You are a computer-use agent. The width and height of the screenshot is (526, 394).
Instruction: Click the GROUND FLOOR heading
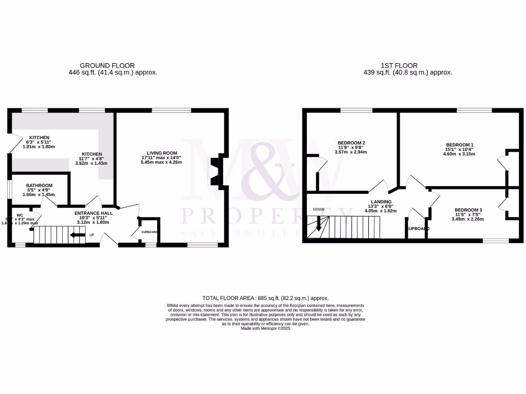pyautogui.click(x=107, y=66)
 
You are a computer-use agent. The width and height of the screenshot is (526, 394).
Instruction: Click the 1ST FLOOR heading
pyautogui.click(x=399, y=66)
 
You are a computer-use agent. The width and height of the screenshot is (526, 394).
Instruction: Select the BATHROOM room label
pyautogui.click(x=40, y=185)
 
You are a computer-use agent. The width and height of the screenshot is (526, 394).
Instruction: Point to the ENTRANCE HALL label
pyautogui.click(x=93, y=213)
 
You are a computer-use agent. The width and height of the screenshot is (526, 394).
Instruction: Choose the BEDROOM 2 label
pyautogui.click(x=351, y=143)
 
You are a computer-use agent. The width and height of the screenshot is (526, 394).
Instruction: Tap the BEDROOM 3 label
pyautogui.click(x=468, y=210)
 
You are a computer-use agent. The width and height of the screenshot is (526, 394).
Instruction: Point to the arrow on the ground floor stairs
pyautogui.click(x=78, y=235)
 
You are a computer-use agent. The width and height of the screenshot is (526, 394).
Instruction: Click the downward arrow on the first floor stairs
pyautogui.click(x=318, y=224)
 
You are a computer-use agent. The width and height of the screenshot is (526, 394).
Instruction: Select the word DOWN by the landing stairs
pyautogui.click(x=318, y=209)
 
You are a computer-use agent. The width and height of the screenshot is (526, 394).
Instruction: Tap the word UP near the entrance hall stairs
pyautogui.click(x=92, y=235)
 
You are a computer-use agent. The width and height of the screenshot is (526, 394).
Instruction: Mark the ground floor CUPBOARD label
pyautogui.click(x=149, y=232)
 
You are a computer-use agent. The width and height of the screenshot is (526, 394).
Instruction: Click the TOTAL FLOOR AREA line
pyautogui.click(x=265, y=298)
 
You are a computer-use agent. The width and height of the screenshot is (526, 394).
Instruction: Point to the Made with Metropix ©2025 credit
pyautogui.click(x=265, y=328)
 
